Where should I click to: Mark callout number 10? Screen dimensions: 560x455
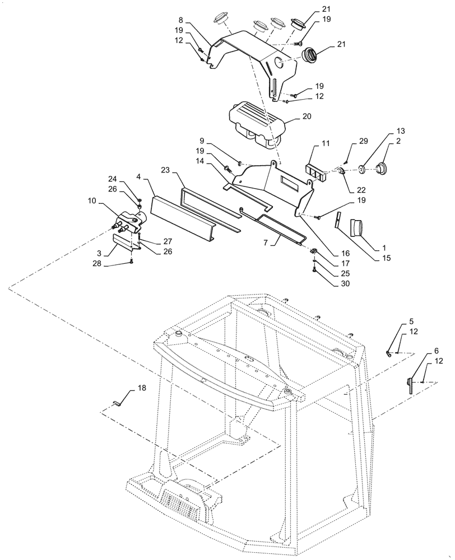[91, 200]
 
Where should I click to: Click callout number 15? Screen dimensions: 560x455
[386, 259]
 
